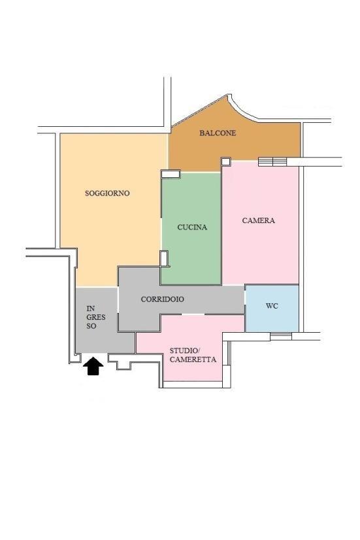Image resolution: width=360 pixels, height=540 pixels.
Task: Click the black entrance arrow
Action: (93, 365)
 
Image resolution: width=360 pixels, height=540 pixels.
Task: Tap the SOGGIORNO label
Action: (107, 194)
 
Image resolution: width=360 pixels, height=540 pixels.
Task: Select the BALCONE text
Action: (218, 133)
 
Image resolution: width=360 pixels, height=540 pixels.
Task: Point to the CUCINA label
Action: (192, 228)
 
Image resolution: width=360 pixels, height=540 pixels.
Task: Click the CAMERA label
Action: (259, 220)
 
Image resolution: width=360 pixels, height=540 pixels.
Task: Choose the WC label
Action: (272, 306)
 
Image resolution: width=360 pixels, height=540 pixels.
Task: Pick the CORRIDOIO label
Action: (163, 299)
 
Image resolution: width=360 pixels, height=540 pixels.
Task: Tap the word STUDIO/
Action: (184, 350)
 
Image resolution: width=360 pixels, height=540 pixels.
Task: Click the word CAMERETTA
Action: (193, 360)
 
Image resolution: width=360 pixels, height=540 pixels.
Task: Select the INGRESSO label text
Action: (95, 317)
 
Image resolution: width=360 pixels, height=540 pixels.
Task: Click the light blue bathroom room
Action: (272, 308)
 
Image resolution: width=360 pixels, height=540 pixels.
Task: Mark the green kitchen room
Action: (191, 229)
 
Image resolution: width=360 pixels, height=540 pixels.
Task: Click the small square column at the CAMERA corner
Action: (226, 161)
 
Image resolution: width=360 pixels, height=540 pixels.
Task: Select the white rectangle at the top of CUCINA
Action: (171, 174)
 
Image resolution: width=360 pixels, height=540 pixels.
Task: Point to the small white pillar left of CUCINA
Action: (164, 258)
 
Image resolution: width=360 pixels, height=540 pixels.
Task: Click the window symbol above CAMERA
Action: (272, 161)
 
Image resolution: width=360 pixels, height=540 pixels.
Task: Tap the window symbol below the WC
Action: (281, 336)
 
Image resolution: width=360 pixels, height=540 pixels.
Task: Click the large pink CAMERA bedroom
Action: (260, 223)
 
